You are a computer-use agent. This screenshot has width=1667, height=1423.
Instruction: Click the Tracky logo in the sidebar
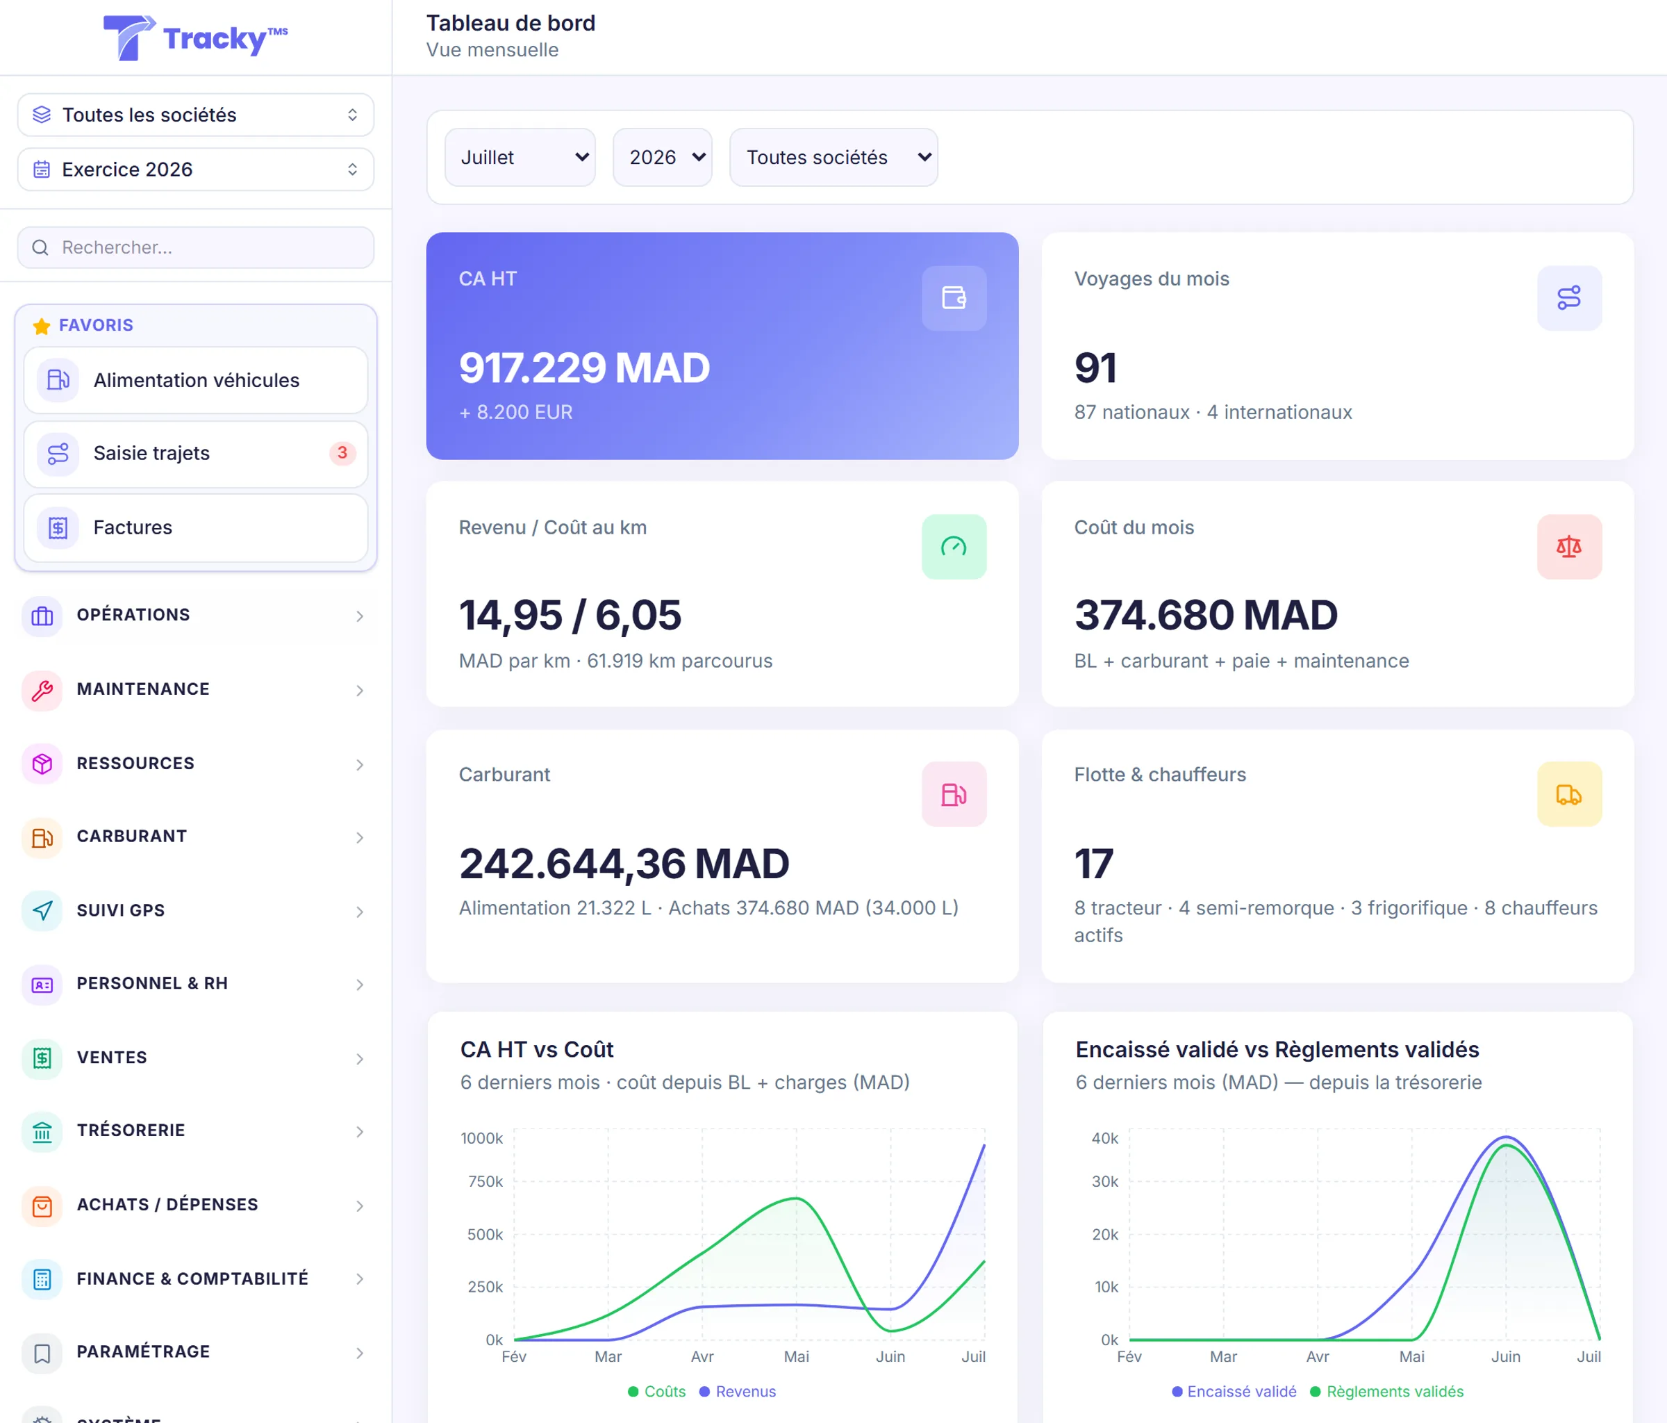195,38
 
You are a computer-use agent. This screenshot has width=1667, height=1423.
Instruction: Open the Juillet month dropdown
520,157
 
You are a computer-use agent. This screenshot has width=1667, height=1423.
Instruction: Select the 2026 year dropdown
662,157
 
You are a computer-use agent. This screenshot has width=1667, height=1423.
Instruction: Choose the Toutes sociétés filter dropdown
833,157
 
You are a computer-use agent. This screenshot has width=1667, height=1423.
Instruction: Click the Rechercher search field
195,247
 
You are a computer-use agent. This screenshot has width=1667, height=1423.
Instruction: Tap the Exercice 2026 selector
195,169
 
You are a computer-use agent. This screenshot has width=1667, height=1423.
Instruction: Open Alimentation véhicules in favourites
195,380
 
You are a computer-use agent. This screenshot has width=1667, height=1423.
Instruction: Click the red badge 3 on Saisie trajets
342,453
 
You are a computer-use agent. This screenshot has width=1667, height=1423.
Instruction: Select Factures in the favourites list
195,528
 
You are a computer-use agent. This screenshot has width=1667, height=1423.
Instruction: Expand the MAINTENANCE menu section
195,689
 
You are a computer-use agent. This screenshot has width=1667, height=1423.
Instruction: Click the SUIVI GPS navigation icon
42,910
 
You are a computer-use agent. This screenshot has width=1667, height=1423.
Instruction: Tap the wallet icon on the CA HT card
954,298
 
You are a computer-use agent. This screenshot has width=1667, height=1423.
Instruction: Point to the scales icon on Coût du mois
1569,548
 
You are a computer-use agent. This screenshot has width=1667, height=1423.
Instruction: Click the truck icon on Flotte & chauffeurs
1569,794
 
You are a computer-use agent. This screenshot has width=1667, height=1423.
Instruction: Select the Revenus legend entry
738,1392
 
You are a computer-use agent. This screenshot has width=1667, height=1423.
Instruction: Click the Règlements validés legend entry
1387,1392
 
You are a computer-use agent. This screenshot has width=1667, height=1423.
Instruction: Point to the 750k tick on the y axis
485,1181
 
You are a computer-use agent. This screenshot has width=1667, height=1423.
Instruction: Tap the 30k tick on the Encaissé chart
1104,1181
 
